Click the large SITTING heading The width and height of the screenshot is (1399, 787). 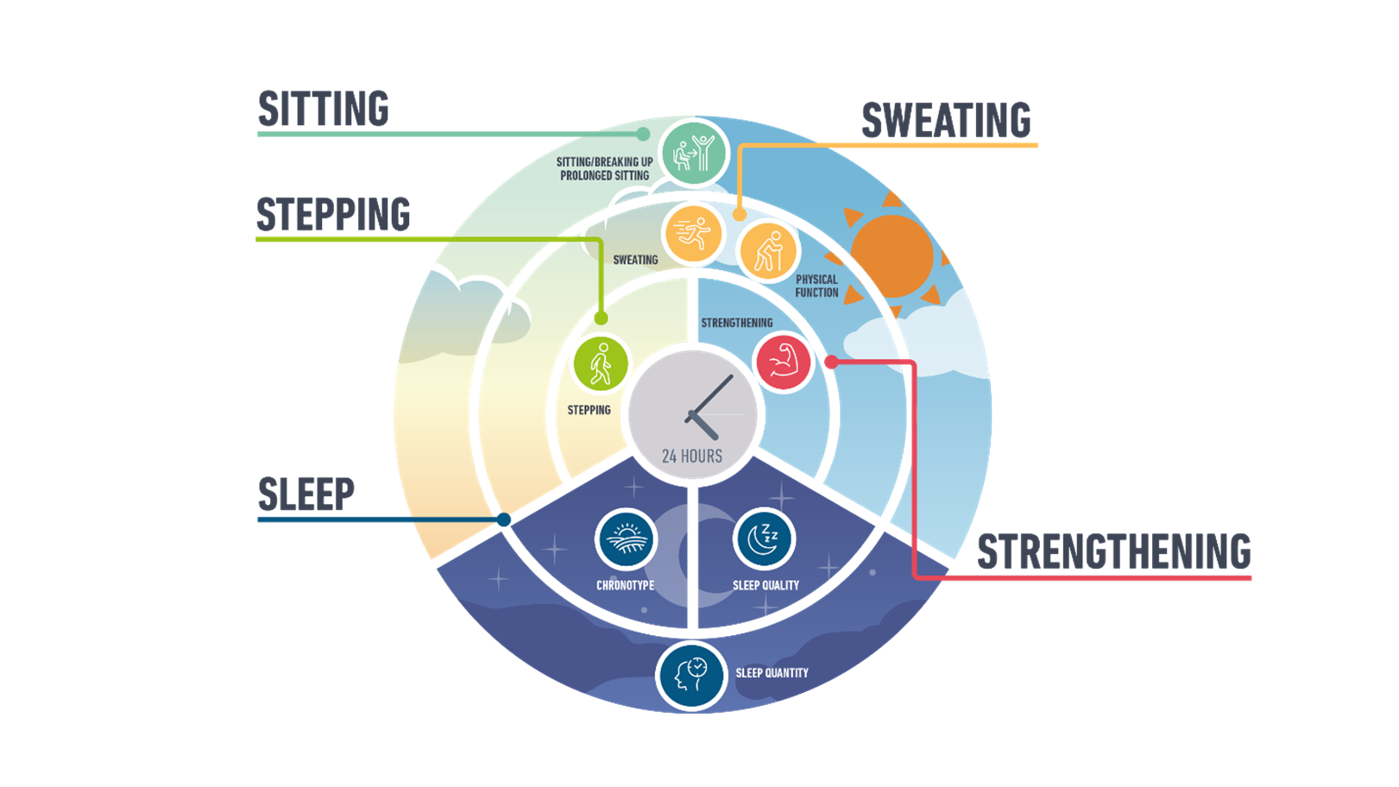pyautogui.click(x=324, y=109)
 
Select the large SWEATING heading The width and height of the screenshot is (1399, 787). pyautogui.click(x=946, y=120)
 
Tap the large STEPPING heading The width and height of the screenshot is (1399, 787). pyautogui.click(x=333, y=214)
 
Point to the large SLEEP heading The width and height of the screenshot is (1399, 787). pyautogui.click(x=306, y=494)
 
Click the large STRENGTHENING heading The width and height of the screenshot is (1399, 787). pyautogui.click(x=1113, y=551)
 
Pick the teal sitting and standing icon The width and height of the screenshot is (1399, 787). pyautogui.click(x=693, y=153)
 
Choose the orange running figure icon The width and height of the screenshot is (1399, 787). pyautogui.click(x=693, y=233)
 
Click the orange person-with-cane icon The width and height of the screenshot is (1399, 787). pyautogui.click(x=768, y=250)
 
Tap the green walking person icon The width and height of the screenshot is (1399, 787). pyautogui.click(x=601, y=363)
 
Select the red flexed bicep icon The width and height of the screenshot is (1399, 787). pyautogui.click(x=783, y=362)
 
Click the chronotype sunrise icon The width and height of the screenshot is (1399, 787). pyautogui.click(x=626, y=539)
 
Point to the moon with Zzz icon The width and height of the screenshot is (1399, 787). pyautogui.click(x=764, y=539)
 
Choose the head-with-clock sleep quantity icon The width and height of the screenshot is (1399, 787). pyautogui.click(x=690, y=676)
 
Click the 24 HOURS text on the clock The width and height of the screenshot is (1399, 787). pyautogui.click(x=692, y=456)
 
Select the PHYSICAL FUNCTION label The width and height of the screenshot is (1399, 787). pyautogui.click(x=817, y=286)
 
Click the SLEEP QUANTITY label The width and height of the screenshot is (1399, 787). pyautogui.click(x=772, y=673)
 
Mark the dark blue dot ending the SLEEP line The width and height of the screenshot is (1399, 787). pyautogui.click(x=504, y=519)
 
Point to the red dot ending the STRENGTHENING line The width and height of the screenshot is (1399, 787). pyautogui.click(x=831, y=362)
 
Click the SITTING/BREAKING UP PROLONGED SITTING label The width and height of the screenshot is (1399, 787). pyautogui.click(x=605, y=168)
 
